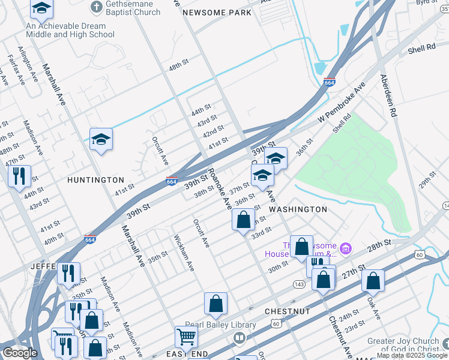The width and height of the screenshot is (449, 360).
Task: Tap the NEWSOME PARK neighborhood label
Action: (x=217, y=13)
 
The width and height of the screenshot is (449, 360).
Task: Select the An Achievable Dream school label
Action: (x=70, y=31)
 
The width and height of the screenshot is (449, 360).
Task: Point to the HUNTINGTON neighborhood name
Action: (x=95, y=180)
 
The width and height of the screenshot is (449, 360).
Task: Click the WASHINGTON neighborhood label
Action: (x=298, y=209)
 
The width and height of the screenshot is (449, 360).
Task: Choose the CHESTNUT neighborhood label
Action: (x=287, y=312)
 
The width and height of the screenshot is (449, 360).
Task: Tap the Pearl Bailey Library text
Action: (x=220, y=325)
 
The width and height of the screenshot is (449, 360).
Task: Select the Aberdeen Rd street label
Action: (x=388, y=95)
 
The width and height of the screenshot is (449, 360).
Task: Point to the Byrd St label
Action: (x=427, y=3)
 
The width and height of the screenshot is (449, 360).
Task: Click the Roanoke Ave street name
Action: (x=220, y=188)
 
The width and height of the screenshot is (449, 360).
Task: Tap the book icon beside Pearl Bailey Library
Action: (x=240, y=338)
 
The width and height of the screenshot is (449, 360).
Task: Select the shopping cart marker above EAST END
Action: (x=186, y=337)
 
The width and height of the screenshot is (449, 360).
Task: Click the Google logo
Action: (x=20, y=353)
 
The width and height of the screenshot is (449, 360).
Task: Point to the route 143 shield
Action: (x=299, y=283)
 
